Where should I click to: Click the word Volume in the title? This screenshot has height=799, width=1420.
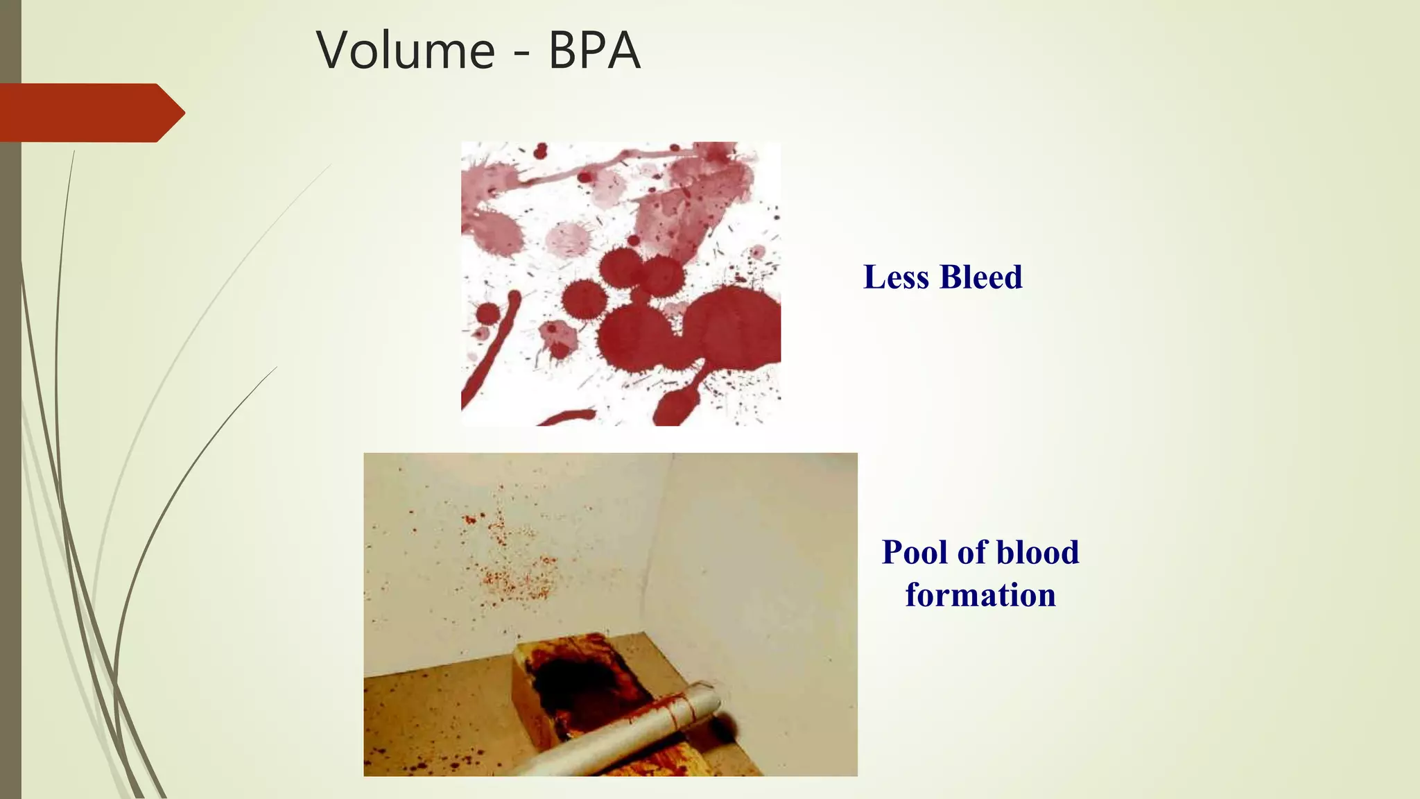(405, 50)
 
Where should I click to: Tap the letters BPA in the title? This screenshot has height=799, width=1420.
(594, 50)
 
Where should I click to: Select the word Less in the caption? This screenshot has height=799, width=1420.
(896, 277)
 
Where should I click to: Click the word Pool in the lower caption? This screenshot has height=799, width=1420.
(913, 552)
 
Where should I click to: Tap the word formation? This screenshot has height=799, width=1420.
(980, 595)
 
